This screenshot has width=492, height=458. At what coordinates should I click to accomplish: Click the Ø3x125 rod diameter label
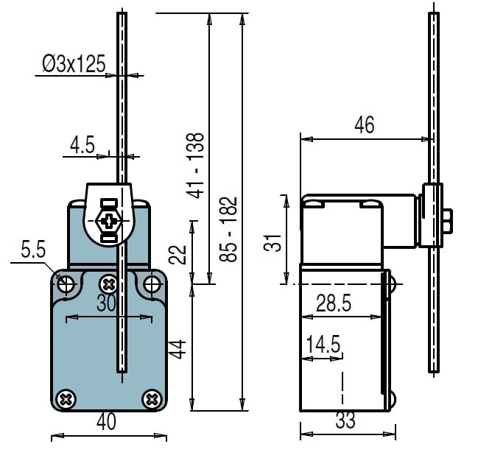(74, 63)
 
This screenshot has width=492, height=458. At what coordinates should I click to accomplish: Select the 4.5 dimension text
(82, 145)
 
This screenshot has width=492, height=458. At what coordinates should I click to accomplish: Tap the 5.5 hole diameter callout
(33, 250)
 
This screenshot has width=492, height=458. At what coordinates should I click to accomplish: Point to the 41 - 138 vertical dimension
(195, 166)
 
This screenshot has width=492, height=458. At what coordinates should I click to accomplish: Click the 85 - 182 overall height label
(228, 229)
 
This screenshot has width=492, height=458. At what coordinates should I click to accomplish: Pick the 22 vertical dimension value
(178, 255)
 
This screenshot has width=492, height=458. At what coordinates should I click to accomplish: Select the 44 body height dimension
(178, 349)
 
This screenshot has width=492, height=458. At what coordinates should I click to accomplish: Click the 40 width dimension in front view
(106, 421)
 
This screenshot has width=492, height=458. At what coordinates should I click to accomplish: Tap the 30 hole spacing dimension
(106, 303)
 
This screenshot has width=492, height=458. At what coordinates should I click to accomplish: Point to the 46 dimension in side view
(365, 125)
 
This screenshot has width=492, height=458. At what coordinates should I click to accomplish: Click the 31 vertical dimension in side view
(273, 242)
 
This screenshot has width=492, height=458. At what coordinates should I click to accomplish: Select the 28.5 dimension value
(334, 303)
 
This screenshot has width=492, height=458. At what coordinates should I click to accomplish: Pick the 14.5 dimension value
(323, 344)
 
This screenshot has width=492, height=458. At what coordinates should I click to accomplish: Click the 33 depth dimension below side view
(345, 420)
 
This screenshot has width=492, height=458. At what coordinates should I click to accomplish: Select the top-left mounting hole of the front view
(66, 285)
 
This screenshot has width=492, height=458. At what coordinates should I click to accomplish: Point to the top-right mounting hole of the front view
(152, 285)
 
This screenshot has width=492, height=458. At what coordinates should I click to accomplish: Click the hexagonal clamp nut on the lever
(108, 221)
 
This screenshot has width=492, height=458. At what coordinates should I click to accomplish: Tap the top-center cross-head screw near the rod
(108, 284)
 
